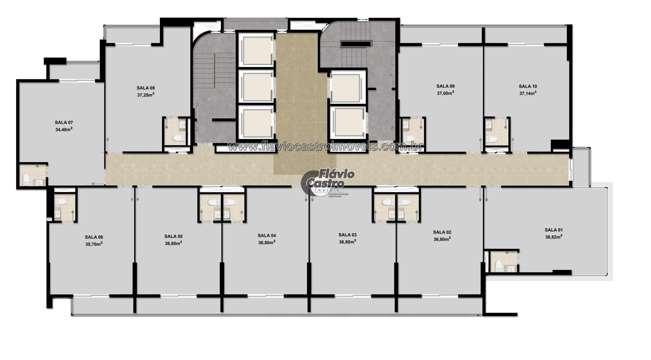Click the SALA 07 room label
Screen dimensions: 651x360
64,122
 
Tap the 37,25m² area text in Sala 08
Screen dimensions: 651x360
146,95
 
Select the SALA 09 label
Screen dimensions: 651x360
446,86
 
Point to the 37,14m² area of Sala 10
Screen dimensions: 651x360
528,93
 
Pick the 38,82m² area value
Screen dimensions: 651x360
554,237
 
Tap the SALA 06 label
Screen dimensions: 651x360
94,237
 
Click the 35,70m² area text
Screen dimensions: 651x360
94,244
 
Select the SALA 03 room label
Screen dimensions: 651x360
348,235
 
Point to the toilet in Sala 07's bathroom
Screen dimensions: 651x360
26,179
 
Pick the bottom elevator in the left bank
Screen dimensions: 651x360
256,122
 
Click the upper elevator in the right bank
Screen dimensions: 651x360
346,87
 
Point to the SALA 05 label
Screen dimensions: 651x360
173,237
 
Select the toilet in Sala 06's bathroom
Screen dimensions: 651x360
61,202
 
